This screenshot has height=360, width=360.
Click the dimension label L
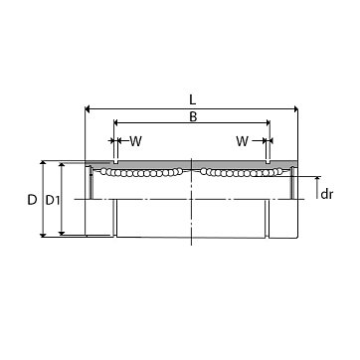tap(193, 99)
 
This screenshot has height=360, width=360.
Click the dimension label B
tap(193, 116)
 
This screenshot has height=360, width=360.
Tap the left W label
tap(135, 141)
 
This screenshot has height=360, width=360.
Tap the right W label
tap(243, 141)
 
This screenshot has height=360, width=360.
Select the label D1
tap(53, 200)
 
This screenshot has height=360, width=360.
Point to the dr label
tap(326, 194)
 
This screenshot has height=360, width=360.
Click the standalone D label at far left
tap(32, 200)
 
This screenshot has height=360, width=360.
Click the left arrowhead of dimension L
tap(88, 108)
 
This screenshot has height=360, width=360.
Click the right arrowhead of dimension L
tap(295, 108)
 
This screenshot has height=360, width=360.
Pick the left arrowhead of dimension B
tap(116, 123)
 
